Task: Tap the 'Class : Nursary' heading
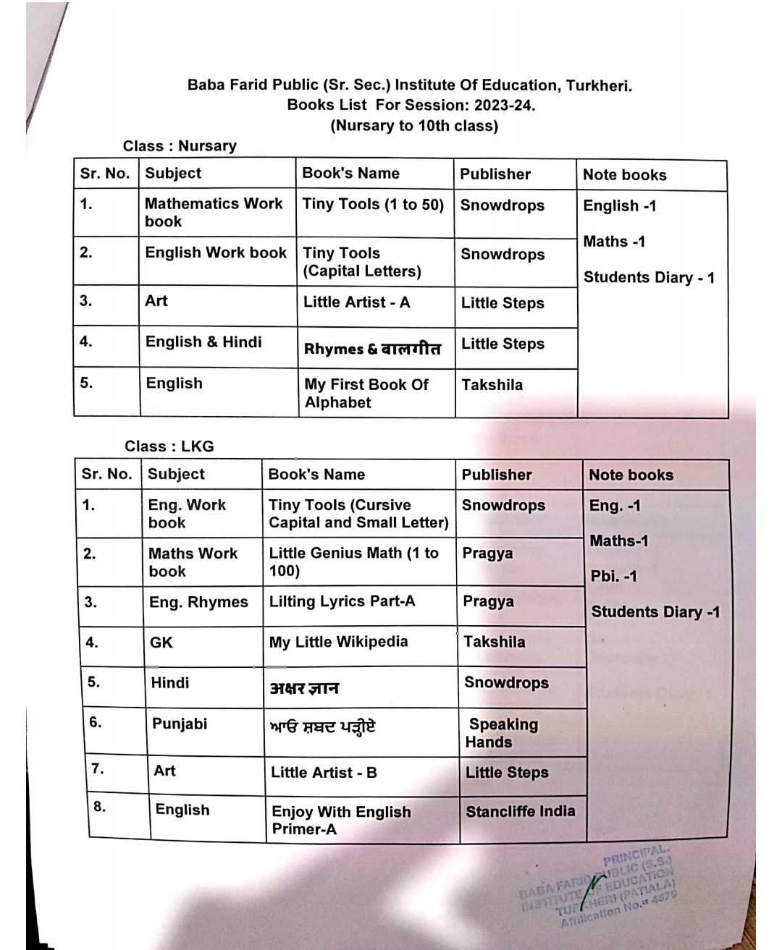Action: [180, 146]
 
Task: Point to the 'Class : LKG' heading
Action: [169, 446]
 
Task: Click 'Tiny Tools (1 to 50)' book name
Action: [373, 205]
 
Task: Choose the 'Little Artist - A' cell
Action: [356, 302]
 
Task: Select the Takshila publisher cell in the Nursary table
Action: [492, 385]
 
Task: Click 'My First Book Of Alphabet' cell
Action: [366, 394]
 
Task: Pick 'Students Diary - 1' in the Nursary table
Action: [649, 278]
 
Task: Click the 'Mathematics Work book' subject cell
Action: [214, 213]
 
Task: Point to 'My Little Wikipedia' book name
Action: [338, 642]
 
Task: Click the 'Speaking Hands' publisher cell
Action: [503, 733]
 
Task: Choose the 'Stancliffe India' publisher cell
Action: [521, 812]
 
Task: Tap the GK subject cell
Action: [161, 642]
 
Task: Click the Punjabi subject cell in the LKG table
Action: [180, 724]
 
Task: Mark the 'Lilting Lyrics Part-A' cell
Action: [342, 601]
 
